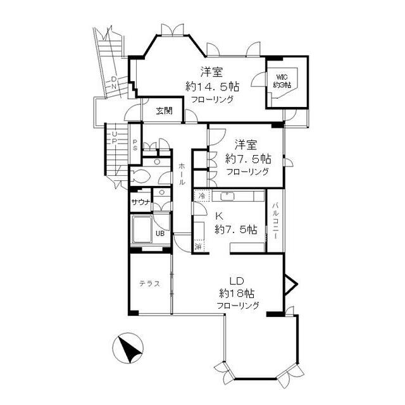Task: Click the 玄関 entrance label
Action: [x=165, y=111]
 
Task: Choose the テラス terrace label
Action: [x=149, y=283]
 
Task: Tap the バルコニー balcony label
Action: [x=277, y=222]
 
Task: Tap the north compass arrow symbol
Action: [x=128, y=349]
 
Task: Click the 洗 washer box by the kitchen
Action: [x=199, y=245]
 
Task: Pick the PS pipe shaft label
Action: [x=135, y=145]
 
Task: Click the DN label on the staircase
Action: [x=113, y=82]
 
